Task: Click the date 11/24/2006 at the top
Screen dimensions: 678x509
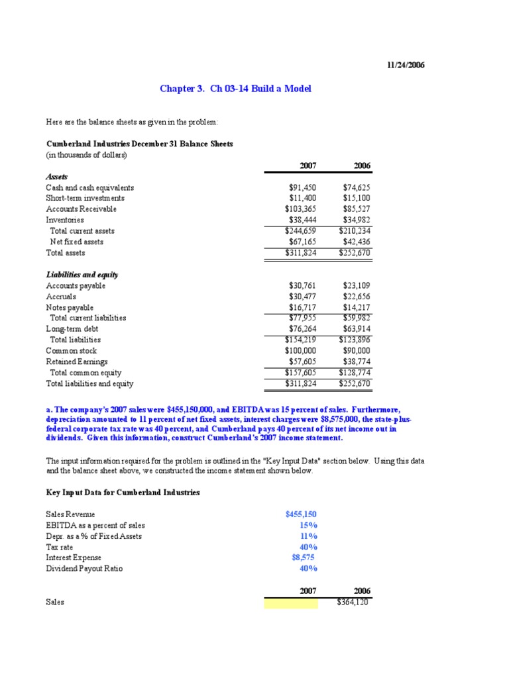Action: (x=406, y=65)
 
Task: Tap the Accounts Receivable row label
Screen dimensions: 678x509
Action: (x=81, y=209)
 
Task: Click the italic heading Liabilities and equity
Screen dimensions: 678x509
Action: (x=82, y=274)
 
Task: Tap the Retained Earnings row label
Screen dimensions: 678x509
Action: (x=77, y=362)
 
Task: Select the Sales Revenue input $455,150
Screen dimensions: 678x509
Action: (x=301, y=514)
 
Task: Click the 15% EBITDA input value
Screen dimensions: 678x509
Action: (x=308, y=525)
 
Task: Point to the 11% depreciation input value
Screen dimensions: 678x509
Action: (x=308, y=536)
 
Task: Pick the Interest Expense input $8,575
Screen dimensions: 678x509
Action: (x=303, y=557)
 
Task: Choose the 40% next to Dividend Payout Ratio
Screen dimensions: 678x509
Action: (x=308, y=568)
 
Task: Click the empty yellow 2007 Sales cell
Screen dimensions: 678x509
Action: (x=290, y=603)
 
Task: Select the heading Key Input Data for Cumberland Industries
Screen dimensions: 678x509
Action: (x=123, y=493)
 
